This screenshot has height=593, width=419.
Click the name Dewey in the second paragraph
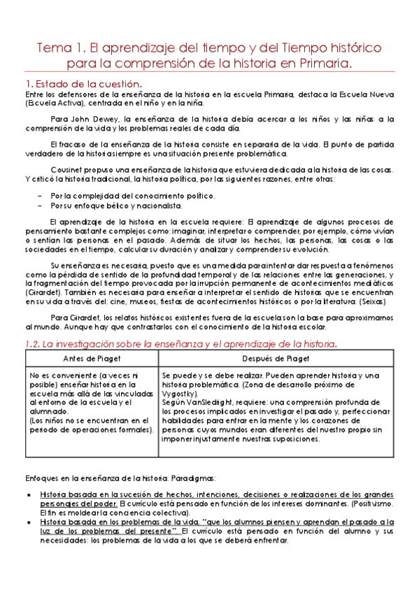pyautogui.click(x=100, y=120)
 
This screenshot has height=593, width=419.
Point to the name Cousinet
pyautogui.click(x=70, y=171)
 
